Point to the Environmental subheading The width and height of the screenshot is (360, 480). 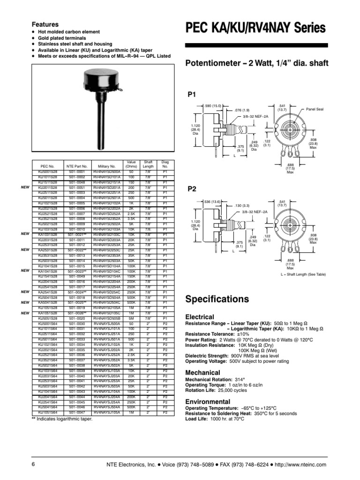point(208,402)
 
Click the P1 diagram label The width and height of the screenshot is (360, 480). point(191,95)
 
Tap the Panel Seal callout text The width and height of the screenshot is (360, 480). point(315,109)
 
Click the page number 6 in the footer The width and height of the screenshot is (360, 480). point(33,464)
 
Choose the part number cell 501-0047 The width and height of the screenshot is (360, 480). point(77,413)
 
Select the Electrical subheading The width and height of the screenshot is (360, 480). point(200,317)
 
